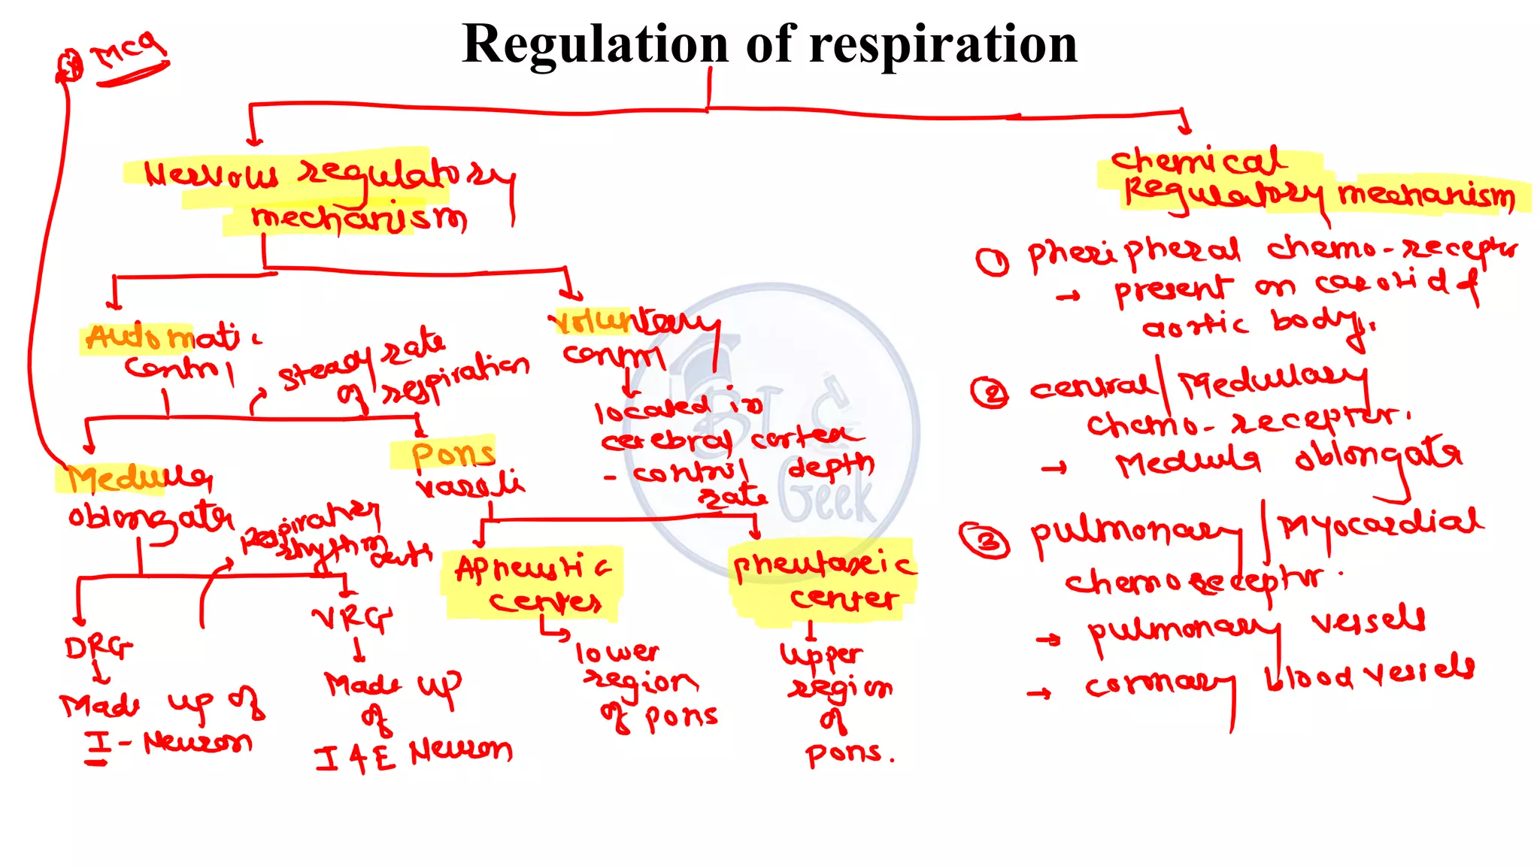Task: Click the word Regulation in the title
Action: (x=595, y=44)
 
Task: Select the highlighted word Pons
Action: (x=453, y=455)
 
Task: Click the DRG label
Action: (x=98, y=647)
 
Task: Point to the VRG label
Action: (x=352, y=618)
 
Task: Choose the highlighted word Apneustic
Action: (x=532, y=569)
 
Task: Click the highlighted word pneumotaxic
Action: (x=823, y=565)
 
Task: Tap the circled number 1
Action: (x=992, y=262)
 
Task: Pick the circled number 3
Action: (x=984, y=540)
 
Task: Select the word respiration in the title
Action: (x=943, y=44)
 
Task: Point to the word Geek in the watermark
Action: (x=827, y=497)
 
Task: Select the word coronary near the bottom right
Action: (x=1158, y=684)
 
